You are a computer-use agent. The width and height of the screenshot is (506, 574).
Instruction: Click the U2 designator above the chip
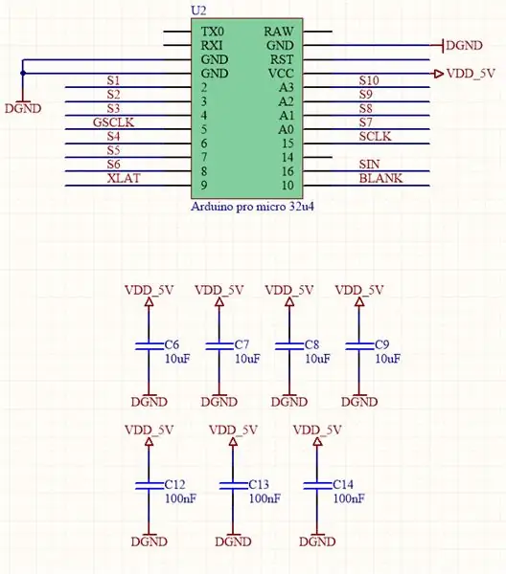pyautogui.click(x=198, y=11)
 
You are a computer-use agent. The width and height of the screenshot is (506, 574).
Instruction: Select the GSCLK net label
pyautogui.click(x=113, y=122)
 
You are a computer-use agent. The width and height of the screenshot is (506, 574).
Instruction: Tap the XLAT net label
pyautogui.click(x=124, y=178)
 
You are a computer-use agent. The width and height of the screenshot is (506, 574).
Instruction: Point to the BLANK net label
pyautogui.click(x=380, y=178)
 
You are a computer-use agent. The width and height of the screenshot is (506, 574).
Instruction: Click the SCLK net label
pyautogui.click(x=375, y=136)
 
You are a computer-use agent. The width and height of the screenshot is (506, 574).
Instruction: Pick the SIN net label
pyautogui.click(x=369, y=165)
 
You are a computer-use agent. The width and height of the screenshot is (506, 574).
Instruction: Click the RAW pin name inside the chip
pyautogui.click(x=279, y=32)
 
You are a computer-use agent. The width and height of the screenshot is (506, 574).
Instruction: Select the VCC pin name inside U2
pyautogui.click(x=281, y=74)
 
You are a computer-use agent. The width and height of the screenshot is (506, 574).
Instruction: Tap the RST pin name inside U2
pyautogui.click(x=282, y=59)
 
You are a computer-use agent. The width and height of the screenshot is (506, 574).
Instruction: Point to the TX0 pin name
pyautogui.click(x=213, y=32)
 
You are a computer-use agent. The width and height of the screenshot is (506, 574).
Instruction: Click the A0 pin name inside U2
pyautogui.click(x=286, y=129)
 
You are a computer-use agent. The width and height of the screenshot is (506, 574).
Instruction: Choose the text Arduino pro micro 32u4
pyautogui.click(x=252, y=207)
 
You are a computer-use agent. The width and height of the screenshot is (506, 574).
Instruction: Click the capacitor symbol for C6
pyautogui.click(x=149, y=346)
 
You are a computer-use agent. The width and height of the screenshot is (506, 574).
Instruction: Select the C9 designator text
pyautogui.click(x=381, y=344)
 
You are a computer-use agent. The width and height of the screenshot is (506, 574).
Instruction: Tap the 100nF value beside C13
pyautogui.click(x=264, y=498)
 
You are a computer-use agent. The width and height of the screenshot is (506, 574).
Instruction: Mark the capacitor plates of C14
pyautogui.click(x=317, y=486)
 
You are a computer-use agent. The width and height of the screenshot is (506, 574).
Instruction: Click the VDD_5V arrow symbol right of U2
pyautogui.click(x=439, y=74)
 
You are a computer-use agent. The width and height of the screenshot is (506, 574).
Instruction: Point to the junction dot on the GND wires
pyautogui.click(x=23, y=74)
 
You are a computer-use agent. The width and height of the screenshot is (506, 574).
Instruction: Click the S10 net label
pyautogui.click(x=369, y=80)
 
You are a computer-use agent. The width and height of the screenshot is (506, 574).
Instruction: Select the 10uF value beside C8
pyautogui.click(x=317, y=359)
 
